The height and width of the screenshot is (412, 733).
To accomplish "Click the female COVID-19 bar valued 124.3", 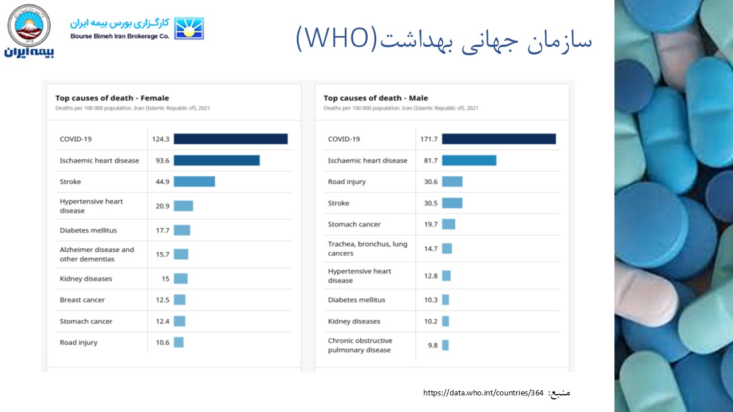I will point(230,139).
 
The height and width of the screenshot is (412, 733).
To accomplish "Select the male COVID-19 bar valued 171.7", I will point(498,139).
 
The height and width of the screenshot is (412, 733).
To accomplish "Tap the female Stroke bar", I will point(194,181).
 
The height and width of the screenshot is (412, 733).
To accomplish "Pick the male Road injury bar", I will point(452,181).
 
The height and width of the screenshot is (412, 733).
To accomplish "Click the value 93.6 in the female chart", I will point(163,161).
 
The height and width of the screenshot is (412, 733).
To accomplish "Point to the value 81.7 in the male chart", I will point(431,161).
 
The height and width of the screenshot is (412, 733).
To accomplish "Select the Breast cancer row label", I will point(82,300).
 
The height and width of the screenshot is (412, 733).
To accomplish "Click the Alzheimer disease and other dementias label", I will point(97,254).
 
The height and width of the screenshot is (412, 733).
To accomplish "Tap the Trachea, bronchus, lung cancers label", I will point(367,248).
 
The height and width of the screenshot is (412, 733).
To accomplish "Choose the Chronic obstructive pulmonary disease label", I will point(360,345).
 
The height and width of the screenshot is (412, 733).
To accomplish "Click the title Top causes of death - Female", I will point(112,98).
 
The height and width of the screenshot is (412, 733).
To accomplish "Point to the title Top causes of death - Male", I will point(376,98).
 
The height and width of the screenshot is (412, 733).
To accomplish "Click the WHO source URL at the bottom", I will point(483,393).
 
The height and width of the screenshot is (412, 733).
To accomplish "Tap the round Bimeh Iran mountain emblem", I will point(29,26).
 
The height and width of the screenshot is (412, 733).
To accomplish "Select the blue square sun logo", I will point(189,28).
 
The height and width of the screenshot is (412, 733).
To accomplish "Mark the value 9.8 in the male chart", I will point(432,346).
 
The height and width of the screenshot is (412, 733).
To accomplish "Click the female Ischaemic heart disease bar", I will point(216,161).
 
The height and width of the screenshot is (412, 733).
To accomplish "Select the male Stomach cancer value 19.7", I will point(431,224).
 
